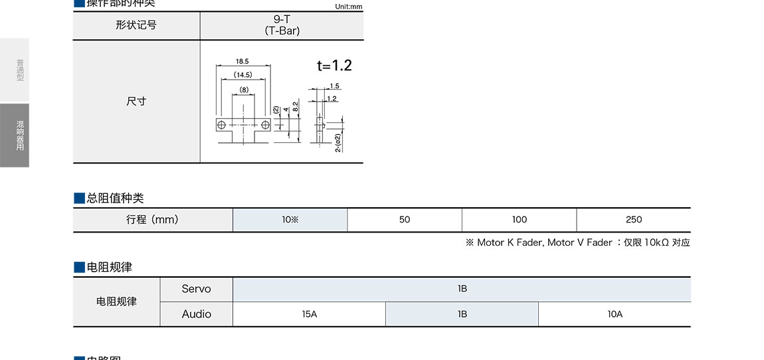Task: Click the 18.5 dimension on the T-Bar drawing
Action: (x=242, y=61)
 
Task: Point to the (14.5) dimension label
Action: (x=242, y=74)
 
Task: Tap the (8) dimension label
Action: (x=244, y=89)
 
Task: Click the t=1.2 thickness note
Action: (x=334, y=65)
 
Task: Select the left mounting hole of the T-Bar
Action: (x=221, y=124)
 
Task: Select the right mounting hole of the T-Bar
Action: (x=266, y=124)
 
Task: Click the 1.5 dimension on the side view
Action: (x=334, y=86)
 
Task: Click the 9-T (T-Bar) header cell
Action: (x=282, y=25)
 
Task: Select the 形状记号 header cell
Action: (x=136, y=25)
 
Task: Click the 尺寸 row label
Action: (x=136, y=101)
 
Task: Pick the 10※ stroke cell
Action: (x=290, y=219)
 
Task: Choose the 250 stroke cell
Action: (x=633, y=219)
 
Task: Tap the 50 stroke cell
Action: (x=405, y=219)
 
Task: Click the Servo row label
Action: (x=196, y=289)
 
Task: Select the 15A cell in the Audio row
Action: (x=309, y=314)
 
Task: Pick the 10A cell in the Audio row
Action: (x=615, y=314)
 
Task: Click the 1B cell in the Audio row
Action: (x=462, y=314)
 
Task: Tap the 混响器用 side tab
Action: (x=15, y=135)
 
